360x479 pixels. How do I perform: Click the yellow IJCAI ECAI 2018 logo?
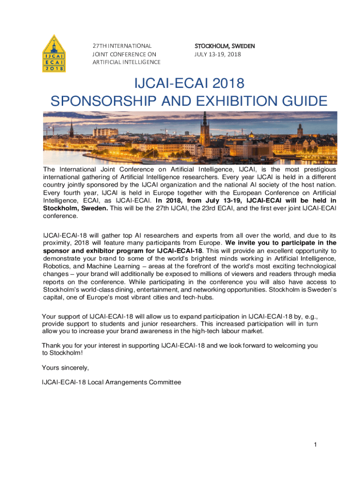point(54,54)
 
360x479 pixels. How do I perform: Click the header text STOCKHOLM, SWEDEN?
point(224,46)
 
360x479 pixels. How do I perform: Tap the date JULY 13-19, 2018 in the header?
point(218,54)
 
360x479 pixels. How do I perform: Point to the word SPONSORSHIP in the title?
point(96,101)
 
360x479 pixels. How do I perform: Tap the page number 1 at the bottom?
point(316,444)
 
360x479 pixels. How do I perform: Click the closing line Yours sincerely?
point(65,367)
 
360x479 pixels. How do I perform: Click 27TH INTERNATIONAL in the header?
point(122,46)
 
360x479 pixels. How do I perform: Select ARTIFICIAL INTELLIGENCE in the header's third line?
point(126,62)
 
